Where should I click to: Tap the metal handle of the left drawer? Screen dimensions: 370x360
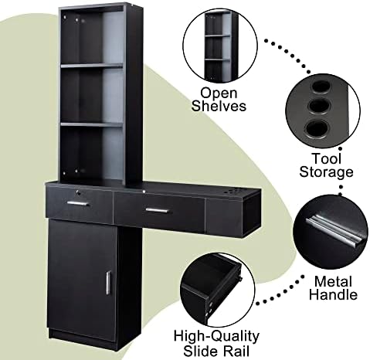(x=78, y=204)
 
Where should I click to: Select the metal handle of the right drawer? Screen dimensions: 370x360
(x=157, y=211)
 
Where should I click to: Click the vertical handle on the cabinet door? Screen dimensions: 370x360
(x=108, y=282)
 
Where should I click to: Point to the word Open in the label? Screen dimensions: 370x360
(x=219, y=93)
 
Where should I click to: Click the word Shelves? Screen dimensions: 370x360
(x=219, y=106)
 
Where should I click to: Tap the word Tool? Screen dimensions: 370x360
(x=327, y=158)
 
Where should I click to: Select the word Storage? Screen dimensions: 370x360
(x=326, y=172)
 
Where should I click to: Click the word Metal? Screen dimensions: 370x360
(x=333, y=282)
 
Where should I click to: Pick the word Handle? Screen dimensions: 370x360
(x=333, y=294)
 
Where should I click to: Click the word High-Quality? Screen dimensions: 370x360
(x=216, y=337)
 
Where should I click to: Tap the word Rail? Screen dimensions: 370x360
(x=237, y=351)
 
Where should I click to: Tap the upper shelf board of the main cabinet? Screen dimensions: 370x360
(x=92, y=66)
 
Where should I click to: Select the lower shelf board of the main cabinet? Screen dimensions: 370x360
(x=92, y=125)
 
